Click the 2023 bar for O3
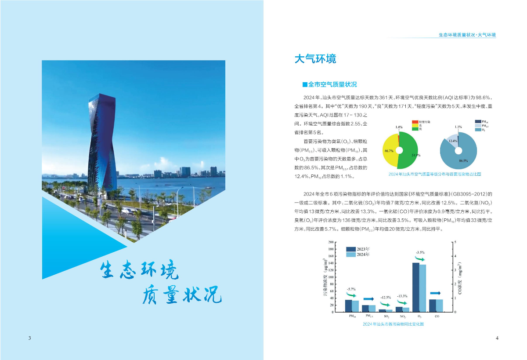(x=415, y=287)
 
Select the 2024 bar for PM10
(x=355, y=306)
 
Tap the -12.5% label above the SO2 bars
(x=385, y=298)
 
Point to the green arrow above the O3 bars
(x=419, y=259)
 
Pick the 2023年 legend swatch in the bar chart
(x=350, y=249)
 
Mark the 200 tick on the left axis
(x=330, y=242)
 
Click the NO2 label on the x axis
(x=403, y=316)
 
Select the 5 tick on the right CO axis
(x=455, y=242)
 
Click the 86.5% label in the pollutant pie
(x=463, y=161)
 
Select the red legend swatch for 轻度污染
(x=415, y=121)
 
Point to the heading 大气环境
(x=315, y=59)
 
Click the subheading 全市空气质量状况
(x=329, y=84)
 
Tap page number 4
(x=497, y=338)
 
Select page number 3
(x=29, y=338)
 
